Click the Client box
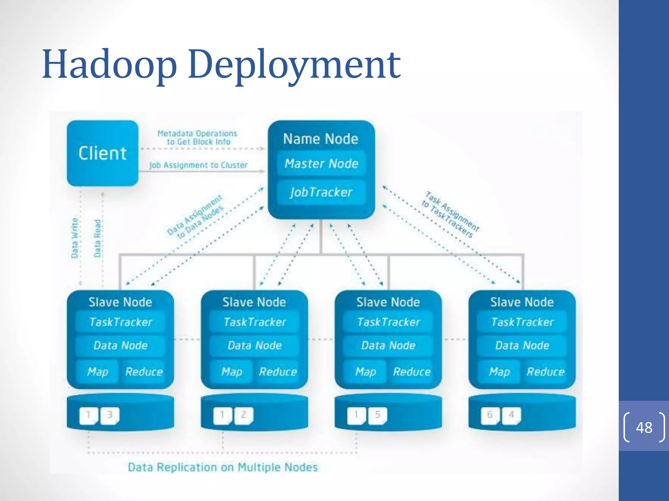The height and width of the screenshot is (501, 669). tap(102, 153)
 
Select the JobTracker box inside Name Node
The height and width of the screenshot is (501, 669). tap(321, 192)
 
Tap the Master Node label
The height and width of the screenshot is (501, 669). tap(321, 163)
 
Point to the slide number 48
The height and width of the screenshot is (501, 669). tap(644, 427)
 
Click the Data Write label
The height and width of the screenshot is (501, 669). tap(75, 238)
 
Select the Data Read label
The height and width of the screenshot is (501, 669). tap(97, 238)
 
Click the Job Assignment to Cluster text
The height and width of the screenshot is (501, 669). tap(198, 165)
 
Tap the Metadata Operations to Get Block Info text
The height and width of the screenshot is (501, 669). tap(197, 137)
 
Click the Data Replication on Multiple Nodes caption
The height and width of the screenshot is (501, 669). tap(223, 467)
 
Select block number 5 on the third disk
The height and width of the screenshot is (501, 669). tap(378, 415)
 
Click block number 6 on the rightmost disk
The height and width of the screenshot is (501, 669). tap(490, 415)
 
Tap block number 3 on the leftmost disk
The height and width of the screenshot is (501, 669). tap(110, 415)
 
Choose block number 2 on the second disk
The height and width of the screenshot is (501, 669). tap(244, 415)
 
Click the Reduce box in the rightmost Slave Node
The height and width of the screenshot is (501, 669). tap(545, 372)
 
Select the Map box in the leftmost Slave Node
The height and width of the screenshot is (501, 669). tap(97, 372)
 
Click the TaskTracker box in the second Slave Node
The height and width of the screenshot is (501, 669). tap(254, 322)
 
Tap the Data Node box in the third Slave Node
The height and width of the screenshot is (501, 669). tap(388, 345)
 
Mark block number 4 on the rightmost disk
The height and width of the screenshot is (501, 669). tap(512, 415)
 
